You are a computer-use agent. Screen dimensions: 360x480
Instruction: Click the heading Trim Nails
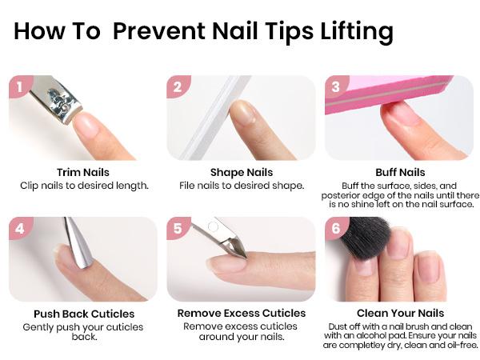[83, 172]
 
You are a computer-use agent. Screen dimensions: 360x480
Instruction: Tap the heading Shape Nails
[241, 172]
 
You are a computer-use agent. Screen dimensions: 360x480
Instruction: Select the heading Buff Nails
[400, 172]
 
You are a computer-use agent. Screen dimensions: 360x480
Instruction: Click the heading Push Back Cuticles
[84, 314]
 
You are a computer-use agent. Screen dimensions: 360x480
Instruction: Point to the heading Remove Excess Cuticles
[241, 314]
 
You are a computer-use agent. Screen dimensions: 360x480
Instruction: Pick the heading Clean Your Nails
[400, 314]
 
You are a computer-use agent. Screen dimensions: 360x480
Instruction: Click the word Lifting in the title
[350, 32]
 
